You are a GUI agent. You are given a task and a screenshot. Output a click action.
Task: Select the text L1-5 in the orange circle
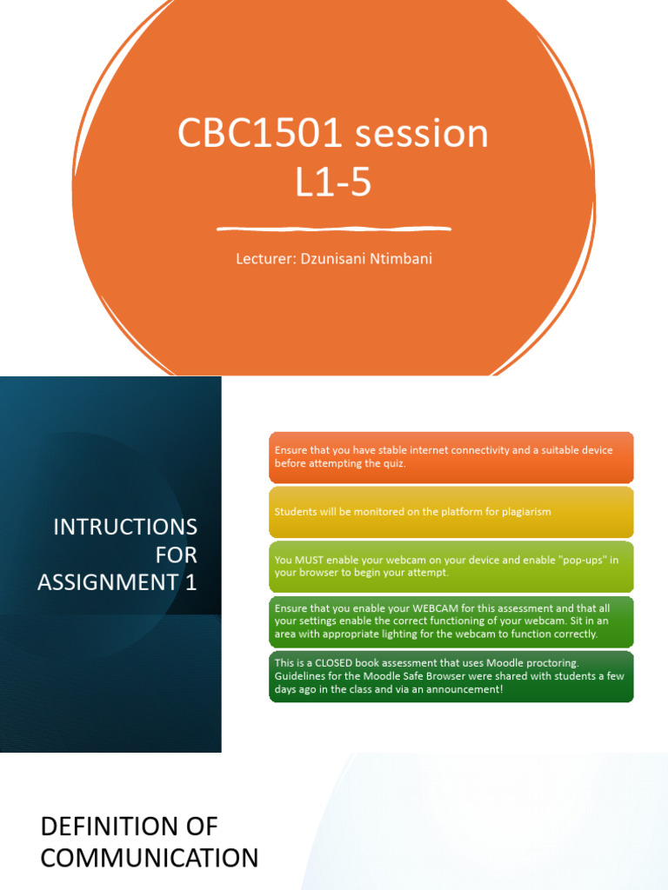click(x=333, y=183)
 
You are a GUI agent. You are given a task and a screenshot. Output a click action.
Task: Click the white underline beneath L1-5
click(x=333, y=229)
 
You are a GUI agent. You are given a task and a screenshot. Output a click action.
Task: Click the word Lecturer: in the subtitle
click(x=264, y=258)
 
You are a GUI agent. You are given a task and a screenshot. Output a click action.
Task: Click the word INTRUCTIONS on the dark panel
click(x=125, y=527)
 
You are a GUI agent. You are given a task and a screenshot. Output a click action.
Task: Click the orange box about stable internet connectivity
click(x=451, y=457)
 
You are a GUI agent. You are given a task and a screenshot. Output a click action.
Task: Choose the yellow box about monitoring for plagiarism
click(x=451, y=512)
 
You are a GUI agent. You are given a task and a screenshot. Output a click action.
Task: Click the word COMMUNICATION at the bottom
click(x=150, y=859)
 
